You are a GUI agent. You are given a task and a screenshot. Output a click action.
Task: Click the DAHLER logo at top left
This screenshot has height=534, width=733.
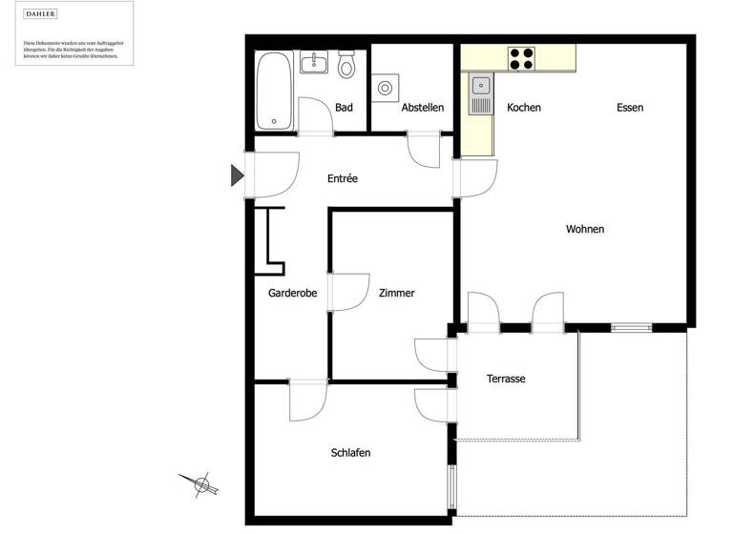tap(41, 14)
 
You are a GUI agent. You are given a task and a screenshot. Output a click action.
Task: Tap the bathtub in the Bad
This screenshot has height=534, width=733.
tap(276, 91)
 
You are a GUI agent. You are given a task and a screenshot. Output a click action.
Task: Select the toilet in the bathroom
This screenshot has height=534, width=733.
tap(346, 65)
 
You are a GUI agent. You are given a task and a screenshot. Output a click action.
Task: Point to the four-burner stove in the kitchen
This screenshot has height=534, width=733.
tap(521, 58)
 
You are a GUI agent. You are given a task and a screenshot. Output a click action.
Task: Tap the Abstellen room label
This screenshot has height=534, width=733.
tap(422, 108)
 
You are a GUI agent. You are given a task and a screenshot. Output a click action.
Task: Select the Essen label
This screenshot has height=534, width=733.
tap(630, 108)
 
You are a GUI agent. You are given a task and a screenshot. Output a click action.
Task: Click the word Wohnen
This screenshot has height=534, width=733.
tap(585, 229)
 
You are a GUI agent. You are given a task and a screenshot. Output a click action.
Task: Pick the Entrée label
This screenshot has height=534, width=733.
tap(343, 178)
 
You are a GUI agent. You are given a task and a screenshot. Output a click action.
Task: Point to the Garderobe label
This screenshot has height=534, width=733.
tap(293, 294)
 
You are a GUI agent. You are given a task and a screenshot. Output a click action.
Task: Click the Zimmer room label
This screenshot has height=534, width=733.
tap(396, 294)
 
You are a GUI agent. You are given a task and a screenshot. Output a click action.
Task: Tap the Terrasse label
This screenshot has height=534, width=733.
tap(506, 379)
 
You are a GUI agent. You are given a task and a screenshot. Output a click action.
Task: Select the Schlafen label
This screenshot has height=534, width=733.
tap(350, 453)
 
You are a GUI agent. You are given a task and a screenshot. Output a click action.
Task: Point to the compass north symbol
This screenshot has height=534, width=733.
tap(202, 485)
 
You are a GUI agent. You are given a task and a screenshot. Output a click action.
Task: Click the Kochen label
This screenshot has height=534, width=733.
tap(524, 108)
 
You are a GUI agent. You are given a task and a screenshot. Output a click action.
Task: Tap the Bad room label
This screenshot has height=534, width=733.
tap(344, 108)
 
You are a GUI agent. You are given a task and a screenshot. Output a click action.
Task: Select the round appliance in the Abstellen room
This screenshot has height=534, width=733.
tap(386, 88)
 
